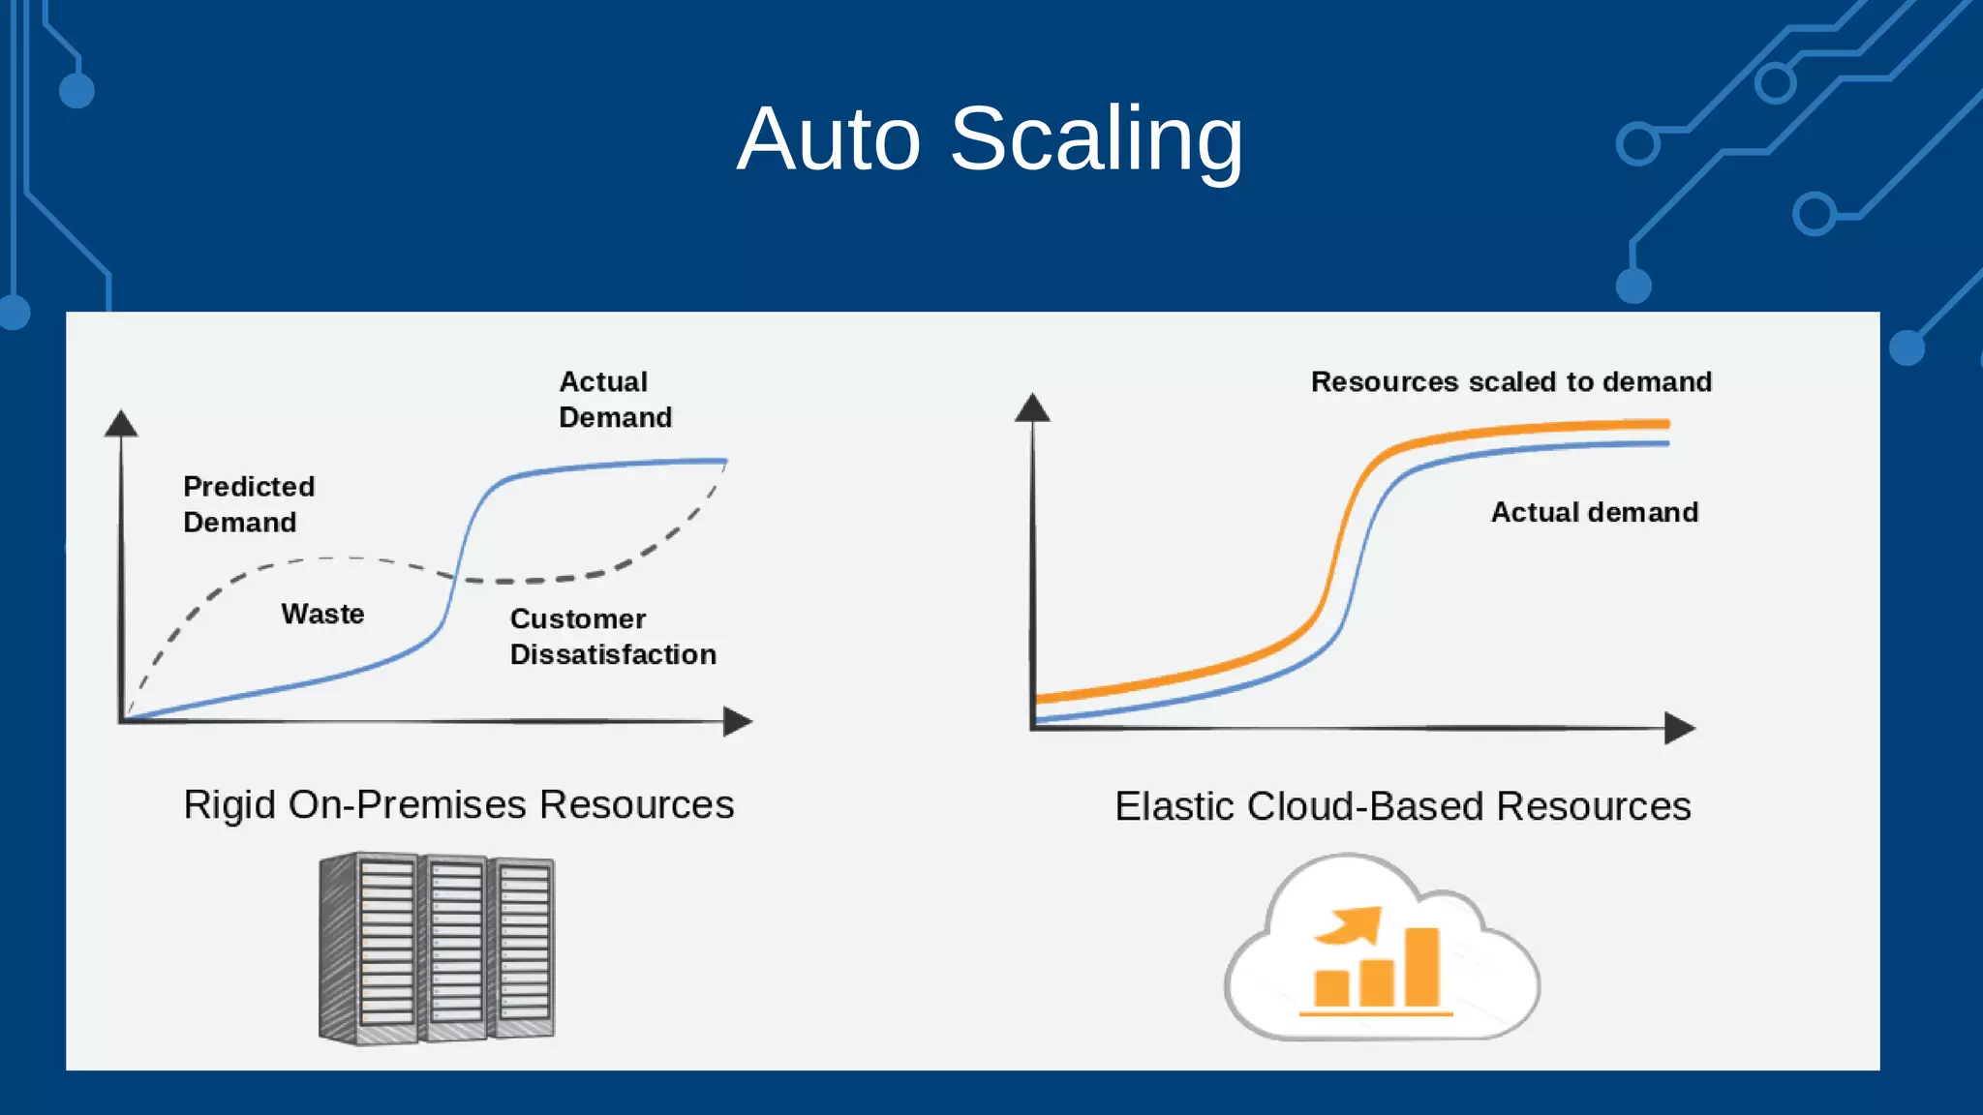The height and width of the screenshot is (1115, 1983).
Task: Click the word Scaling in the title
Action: click(1096, 140)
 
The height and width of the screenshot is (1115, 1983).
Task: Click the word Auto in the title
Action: click(829, 140)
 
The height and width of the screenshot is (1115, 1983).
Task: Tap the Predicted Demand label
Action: click(249, 504)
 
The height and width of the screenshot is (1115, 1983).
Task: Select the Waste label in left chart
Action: click(322, 614)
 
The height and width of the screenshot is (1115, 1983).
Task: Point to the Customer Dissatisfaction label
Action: click(612, 637)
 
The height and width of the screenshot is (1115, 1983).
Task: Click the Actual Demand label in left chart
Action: click(615, 400)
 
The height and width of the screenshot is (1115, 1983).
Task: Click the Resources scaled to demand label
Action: click(1510, 381)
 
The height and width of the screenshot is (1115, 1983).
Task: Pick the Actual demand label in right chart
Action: click(1594, 512)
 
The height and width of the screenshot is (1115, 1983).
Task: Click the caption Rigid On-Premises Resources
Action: click(459, 804)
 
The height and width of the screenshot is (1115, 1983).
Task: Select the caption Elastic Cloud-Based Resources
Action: click(1402, 806)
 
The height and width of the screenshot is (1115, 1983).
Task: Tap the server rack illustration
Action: click(437, 949)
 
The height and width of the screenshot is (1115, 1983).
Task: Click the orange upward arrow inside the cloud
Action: click(1352, 925)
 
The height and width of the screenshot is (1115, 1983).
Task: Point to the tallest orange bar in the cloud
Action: click(1421, 967)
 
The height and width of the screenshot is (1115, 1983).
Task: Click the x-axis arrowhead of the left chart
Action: click(737, 721)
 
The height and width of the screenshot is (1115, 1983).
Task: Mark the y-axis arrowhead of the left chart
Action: click(121, 424)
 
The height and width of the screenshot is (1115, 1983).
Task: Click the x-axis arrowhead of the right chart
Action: click(1679, 728)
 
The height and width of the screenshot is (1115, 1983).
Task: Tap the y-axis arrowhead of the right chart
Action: click(1032, 407)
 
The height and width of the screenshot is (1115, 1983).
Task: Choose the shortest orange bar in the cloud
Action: click(1331, 988)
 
